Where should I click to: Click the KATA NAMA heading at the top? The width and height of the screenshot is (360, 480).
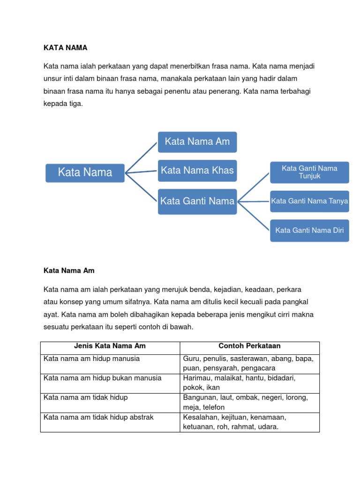66,47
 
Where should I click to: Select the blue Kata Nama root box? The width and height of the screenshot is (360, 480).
85,172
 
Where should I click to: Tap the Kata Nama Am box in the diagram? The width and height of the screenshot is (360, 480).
197,142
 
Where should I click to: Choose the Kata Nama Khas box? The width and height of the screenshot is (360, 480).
197,170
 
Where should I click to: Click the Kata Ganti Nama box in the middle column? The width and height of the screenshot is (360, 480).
197,201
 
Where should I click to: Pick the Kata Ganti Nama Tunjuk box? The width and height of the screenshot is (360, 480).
309,172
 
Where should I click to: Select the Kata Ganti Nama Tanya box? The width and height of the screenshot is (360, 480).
309,201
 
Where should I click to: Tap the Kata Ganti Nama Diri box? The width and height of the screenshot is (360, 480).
309,230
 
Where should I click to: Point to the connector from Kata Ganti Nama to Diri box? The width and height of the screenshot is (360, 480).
254,216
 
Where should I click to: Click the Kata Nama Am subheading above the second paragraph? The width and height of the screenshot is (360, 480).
69,270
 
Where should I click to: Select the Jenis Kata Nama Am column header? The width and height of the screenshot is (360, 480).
110,346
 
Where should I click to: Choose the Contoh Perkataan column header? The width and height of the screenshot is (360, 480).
249,346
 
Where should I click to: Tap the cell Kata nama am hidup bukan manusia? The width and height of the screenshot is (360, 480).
102,378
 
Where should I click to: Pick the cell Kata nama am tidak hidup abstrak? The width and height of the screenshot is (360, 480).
98,417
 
